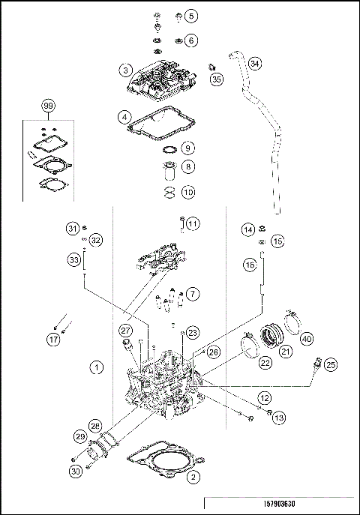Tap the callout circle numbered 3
pos(125,70)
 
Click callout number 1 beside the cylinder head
pos(97,367)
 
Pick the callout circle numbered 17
pos(53,340)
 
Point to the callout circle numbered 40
pos(307,338)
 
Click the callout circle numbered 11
pos(193,224)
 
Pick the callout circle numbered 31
pos(72,228)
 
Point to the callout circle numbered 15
pos(277,241)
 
